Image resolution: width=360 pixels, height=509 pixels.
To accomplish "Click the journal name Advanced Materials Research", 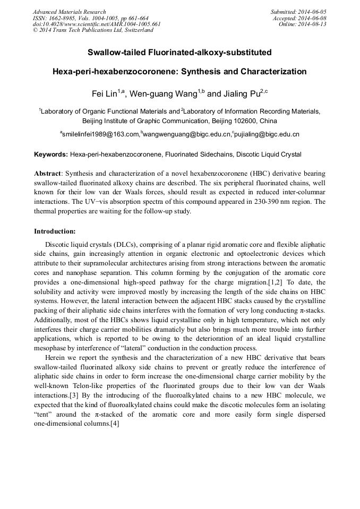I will click(70, 12).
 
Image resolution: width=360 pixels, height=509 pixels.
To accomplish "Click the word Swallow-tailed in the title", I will click(114, 53).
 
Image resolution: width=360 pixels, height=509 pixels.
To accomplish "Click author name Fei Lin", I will click(104, 94).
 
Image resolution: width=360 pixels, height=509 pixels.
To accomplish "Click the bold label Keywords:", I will click(51, 154).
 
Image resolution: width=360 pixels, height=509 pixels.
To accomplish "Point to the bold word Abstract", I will click(47, 174).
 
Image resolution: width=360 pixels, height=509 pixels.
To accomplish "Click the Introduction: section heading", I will click(55, 231).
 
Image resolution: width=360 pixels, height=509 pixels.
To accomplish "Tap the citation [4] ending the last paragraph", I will click(115, 423).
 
